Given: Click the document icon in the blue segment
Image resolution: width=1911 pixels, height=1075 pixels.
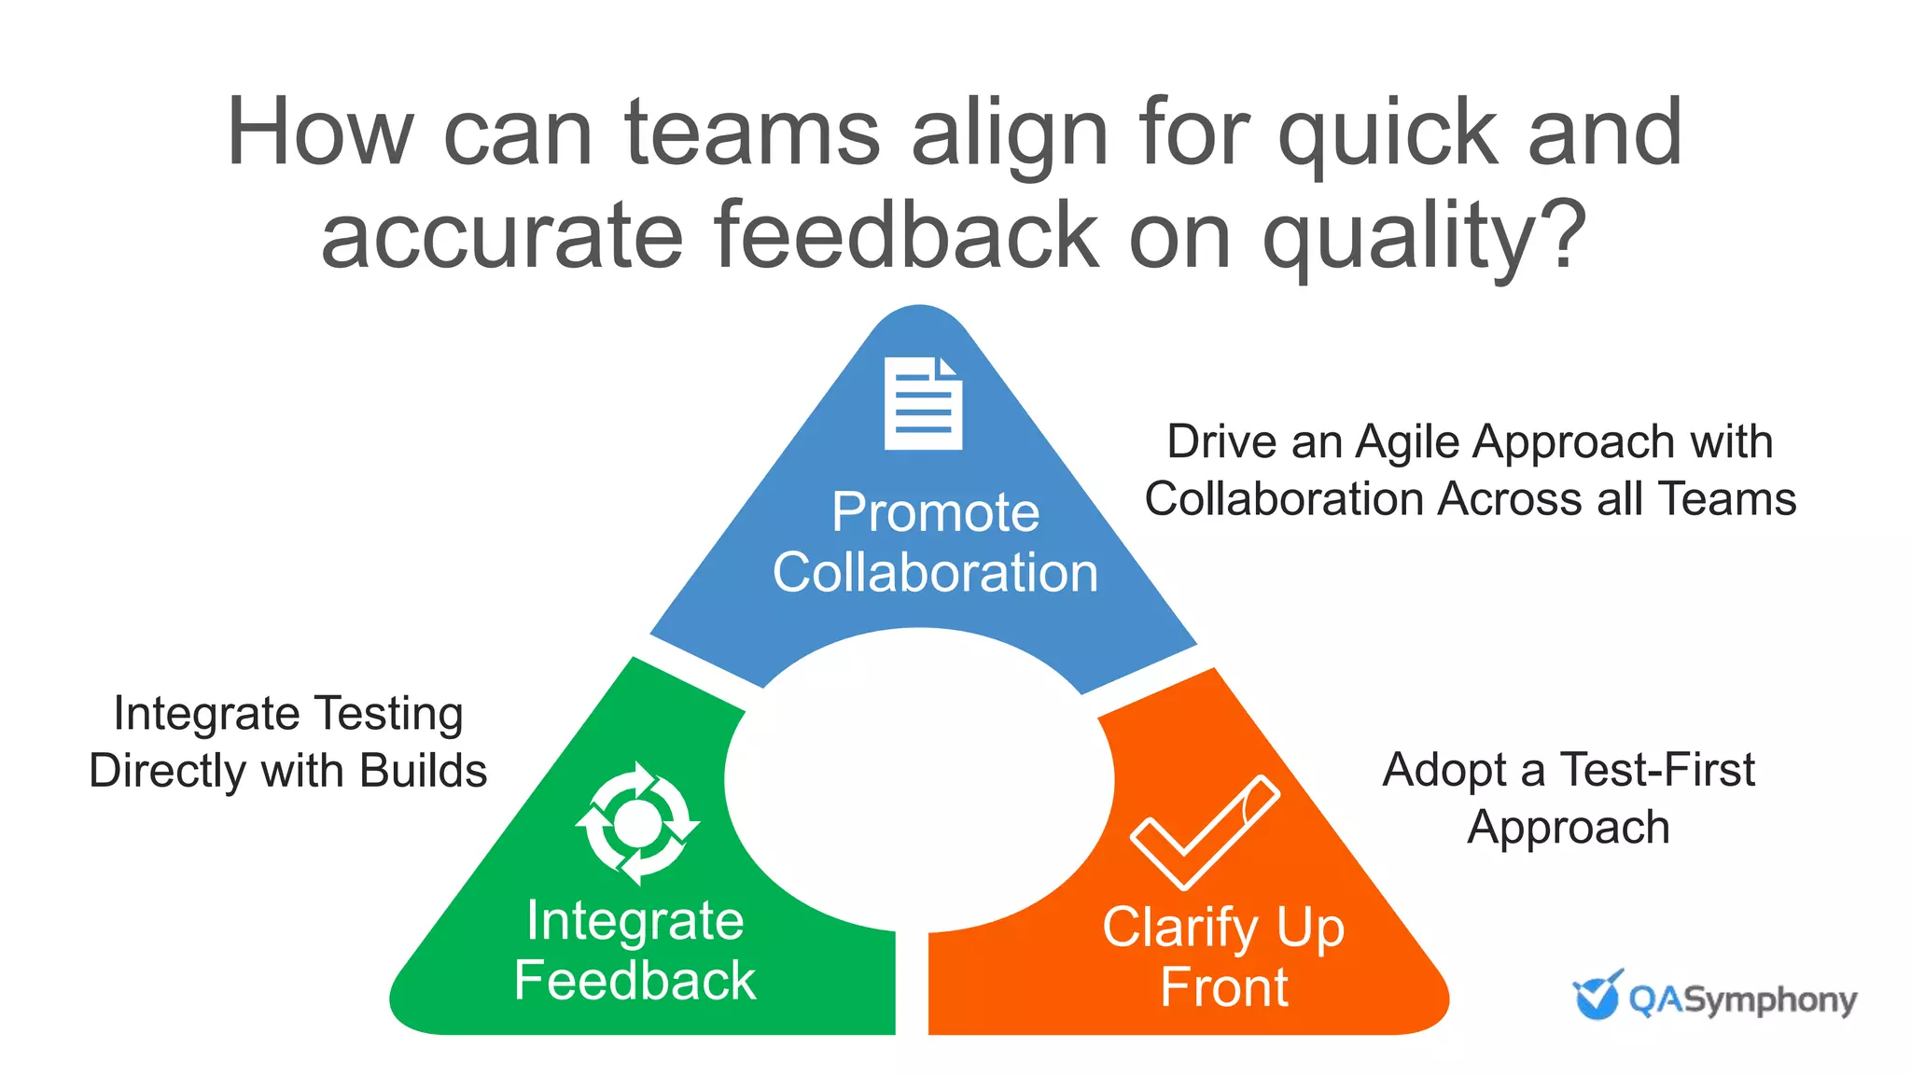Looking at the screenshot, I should click(923, 403).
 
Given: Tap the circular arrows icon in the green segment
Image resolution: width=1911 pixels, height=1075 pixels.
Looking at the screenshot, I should click(637, 823).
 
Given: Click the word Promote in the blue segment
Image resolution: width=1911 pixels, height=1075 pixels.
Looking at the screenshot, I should click(935, 512).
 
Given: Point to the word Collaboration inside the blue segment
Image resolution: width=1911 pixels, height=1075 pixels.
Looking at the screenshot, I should click(935, 572).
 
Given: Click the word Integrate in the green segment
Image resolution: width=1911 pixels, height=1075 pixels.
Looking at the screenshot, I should click(635, 921).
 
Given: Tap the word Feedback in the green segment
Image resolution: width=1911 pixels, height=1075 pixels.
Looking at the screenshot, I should click(635, 981).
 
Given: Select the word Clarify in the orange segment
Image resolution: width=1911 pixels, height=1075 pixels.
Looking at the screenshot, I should click(1180, 928).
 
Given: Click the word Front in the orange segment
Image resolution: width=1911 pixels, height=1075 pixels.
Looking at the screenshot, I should click(1224, 987).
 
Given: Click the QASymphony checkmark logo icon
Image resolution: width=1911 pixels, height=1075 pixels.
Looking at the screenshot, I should click(1597, 996).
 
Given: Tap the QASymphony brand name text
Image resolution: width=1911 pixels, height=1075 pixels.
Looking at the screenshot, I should click(1742, 1000).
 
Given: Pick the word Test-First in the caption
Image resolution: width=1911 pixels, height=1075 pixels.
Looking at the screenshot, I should click(1657, 771).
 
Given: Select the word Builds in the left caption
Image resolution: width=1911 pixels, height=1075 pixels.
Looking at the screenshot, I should click(424, 772).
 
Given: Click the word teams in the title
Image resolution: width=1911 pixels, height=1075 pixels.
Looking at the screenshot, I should click(752, 133).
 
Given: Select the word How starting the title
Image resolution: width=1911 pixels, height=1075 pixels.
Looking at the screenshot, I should click(319, 133).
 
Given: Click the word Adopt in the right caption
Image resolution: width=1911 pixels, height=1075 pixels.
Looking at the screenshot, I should click(1444, 771).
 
